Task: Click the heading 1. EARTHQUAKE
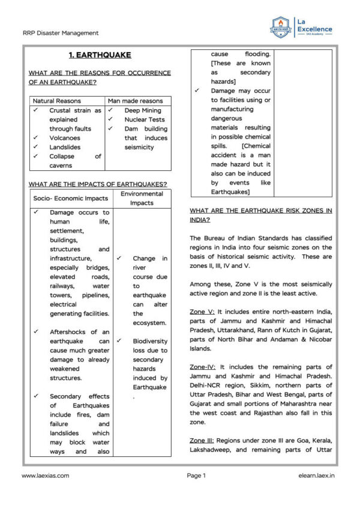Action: (100, 55)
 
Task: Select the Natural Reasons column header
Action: (57, 101)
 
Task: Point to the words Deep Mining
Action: (142, 110)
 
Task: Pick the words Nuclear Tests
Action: (145, 119)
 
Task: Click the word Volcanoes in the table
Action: (65, 138)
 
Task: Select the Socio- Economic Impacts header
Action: (70, 198)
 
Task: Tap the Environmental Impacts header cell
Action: (142, 198)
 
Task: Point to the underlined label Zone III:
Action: (203, 440)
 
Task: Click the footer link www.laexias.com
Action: (45, 475)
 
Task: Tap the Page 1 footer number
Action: (196, 475)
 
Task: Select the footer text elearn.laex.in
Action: (315, 475)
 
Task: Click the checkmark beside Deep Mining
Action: (111, 110)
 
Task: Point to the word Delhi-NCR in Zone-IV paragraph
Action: (207, 385)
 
